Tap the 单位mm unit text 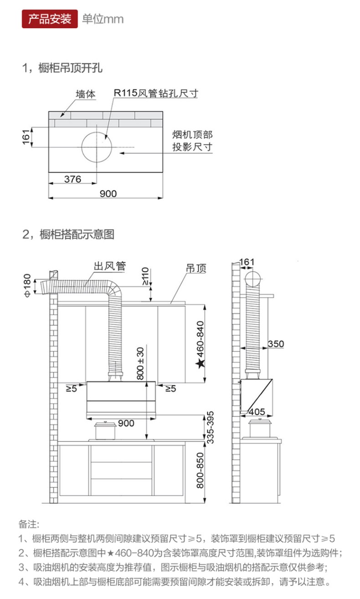click(103, 19)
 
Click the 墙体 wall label click(86, 94)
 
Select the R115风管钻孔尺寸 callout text click(156, 93)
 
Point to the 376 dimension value click(72, 179)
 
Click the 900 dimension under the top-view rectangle click(108, 194)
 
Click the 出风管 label click(109, 266)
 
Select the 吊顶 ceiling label click(196, 268)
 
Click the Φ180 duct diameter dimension click(27, 285)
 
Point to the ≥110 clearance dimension click(145, 276)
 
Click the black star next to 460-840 click(200, 363)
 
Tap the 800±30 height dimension click(140, 363)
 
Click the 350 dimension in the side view click(275, 343)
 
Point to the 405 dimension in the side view click(257, 411)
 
